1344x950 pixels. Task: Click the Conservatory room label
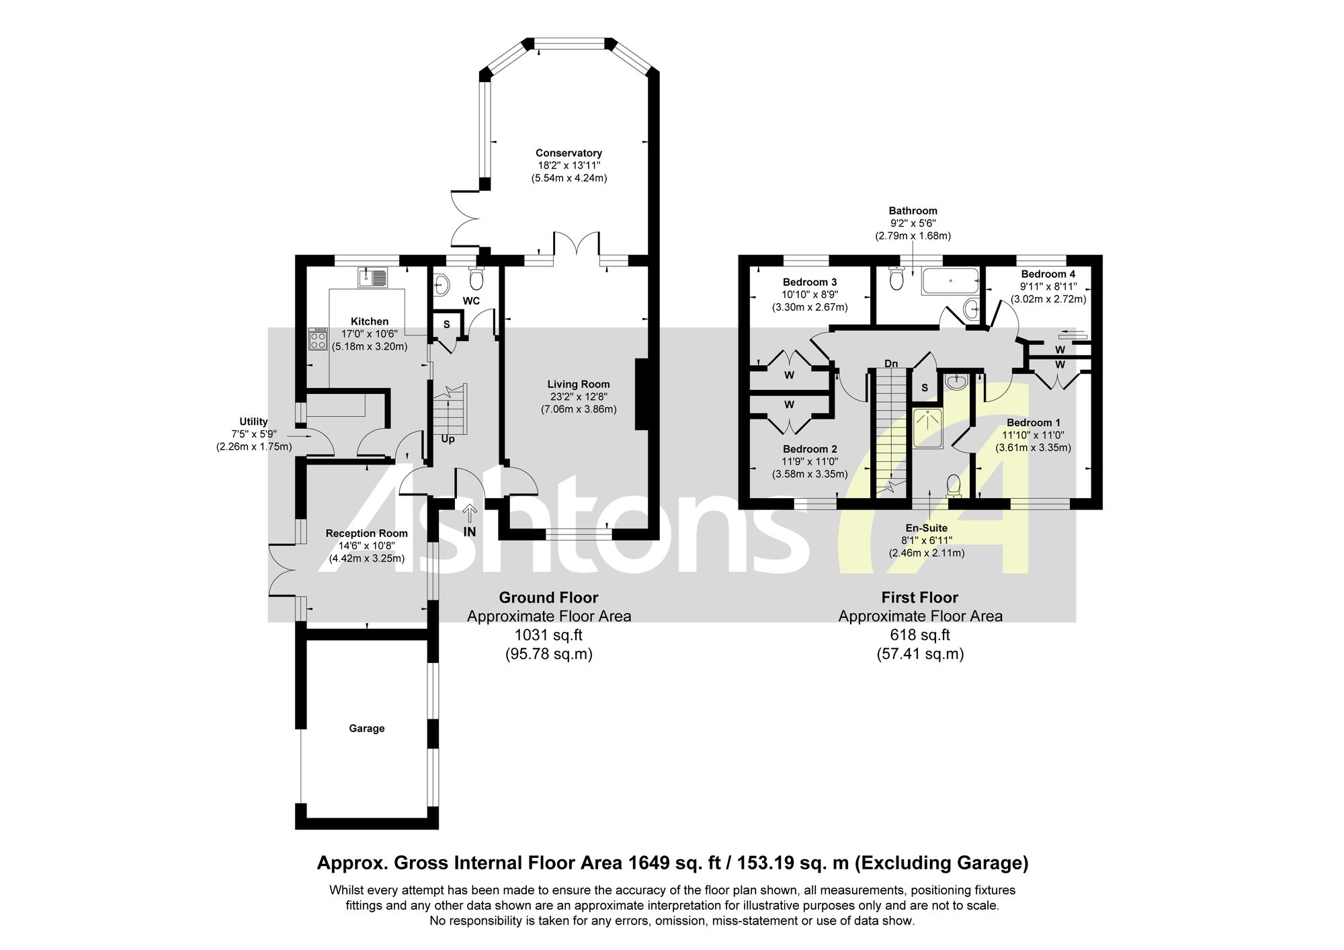[x=569, y=153]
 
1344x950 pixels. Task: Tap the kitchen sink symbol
[x=373, y=277]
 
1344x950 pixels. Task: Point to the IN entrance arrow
[x=470, y=514]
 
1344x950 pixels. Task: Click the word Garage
[x=366, y=728]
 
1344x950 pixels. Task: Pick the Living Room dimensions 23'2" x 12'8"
[x=579, y=397]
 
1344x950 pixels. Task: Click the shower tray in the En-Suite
[x=928, y=428]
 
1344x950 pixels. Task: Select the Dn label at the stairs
[x=891, y=364]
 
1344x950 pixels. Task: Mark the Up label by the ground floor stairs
[x=448, y=439]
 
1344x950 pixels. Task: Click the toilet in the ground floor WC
[x=476, y=277]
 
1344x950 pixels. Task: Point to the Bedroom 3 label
[x=810, y=282]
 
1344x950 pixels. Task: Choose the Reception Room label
[x=367, y=533]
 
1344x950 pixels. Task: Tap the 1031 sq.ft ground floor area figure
[x=548, y=635]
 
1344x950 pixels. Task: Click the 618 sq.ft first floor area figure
[x=920, y=635]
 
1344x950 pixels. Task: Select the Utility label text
[x=253, y=422]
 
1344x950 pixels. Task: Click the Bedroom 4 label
[x=1048, y=274]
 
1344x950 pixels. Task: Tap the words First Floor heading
[x=920, y=597]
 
